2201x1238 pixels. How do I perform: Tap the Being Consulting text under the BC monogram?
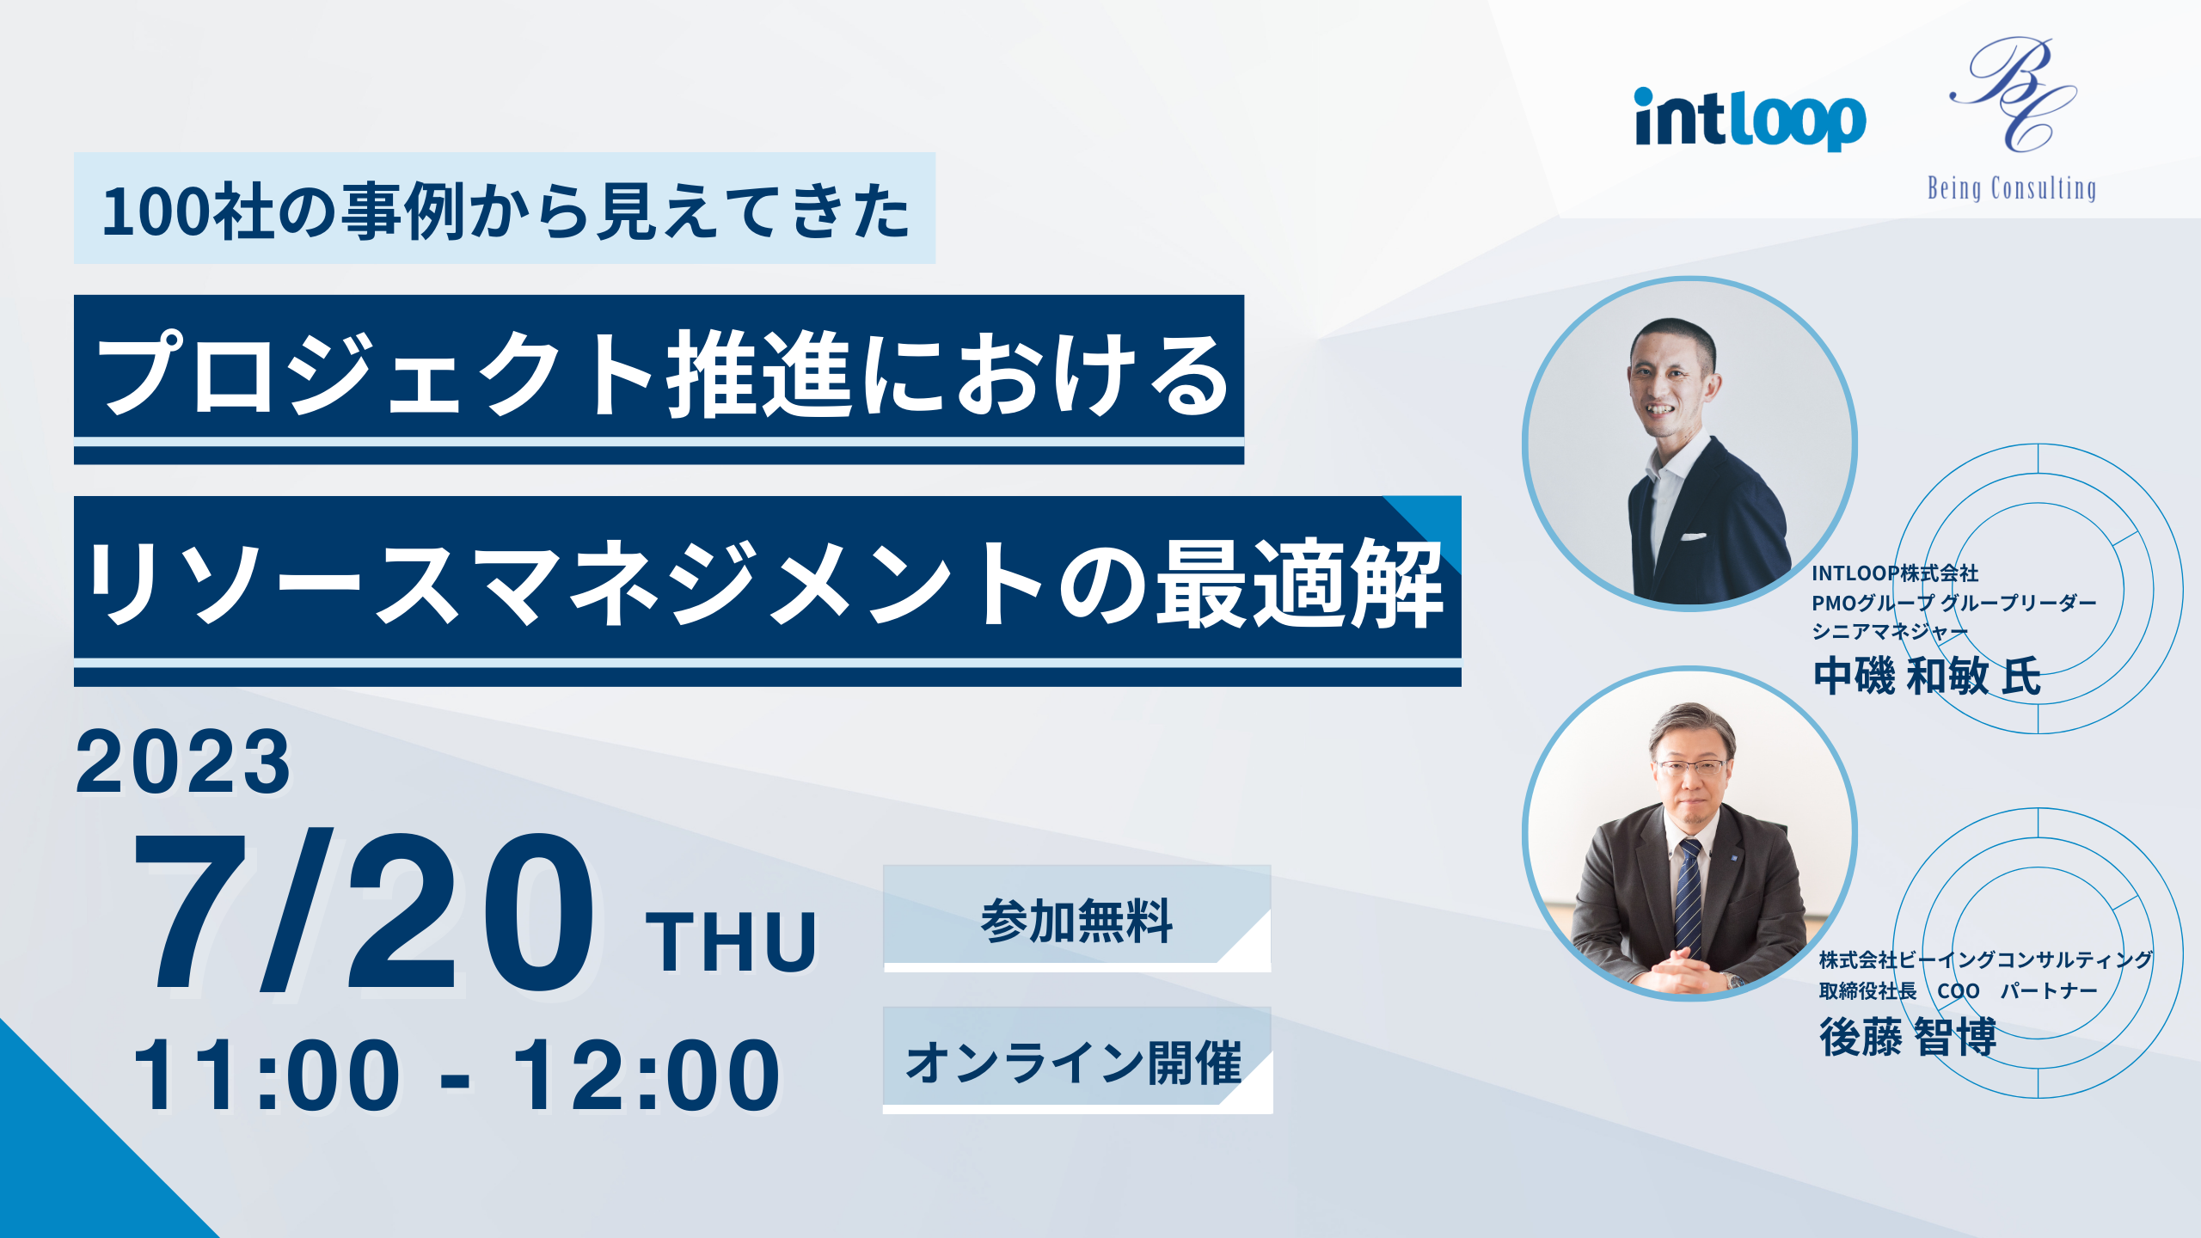click(x=2011, y=188)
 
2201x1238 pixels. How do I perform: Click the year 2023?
click(x=183, y=762)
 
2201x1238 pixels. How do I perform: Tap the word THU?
click(x=731, y=943)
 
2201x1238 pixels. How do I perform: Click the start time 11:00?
click(x=267, y=1076)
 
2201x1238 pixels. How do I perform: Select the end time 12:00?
click(x=647, y=1076)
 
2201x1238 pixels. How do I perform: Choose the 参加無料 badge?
click(x=1077, y=918)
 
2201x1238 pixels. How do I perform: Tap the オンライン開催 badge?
click(x=1077, y=1061)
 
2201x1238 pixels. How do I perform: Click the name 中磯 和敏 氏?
click(x=1927, y=676)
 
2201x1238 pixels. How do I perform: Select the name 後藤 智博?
click(x=1908, y=1037)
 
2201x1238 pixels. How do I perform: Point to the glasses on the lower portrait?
click(x=1690, y=767)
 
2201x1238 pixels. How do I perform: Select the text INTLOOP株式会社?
click(x=1895, y=573)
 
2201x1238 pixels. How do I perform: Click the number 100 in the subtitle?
click(x=157, y=211)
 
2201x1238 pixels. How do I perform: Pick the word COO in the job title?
click(x=1959, y=991)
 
